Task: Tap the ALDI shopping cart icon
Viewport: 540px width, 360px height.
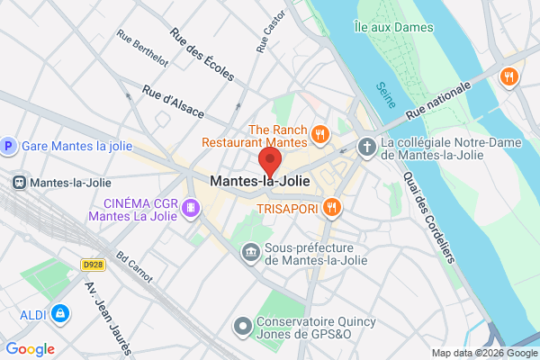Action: pyautogui.click(x=60, y=314)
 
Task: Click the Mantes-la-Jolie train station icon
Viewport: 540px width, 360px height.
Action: pyautogui.click(x=18, y=182)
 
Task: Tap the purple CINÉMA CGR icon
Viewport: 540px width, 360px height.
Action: pyautogui.click(x=190, y=210)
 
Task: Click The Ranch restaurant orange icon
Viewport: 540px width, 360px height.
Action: pyautogui.click(x=319, y=135)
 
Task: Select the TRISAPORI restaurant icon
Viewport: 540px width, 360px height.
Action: pyautogui.click(x=332, y=208)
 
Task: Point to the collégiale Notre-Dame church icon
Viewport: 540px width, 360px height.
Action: pyautogui.click(x=366, y=146)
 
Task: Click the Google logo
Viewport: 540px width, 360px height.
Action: pyautogui.click(x=30, y=349)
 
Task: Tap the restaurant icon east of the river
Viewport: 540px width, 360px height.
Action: pyautogui.click(x=508, y=77)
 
